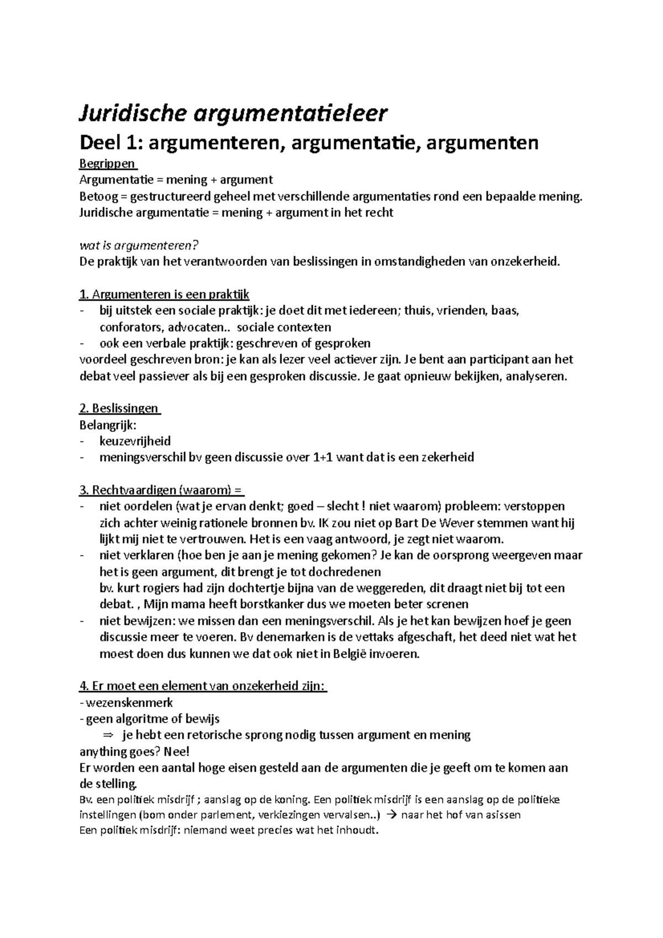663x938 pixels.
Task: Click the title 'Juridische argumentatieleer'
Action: (234, 114)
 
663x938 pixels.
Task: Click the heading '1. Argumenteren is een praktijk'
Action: (165, 294)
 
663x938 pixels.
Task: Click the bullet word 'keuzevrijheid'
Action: (135, 441)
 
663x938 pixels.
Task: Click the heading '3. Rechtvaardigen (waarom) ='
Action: (161, 490)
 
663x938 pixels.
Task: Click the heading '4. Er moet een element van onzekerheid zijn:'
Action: (203, 686)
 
